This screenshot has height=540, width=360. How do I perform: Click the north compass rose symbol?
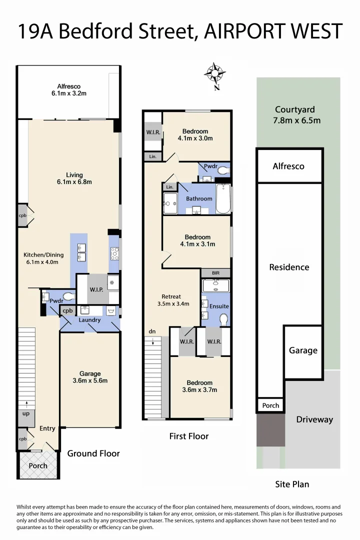tap(215, 74)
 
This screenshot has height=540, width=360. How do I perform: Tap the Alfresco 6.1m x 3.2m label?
tap(68, 90)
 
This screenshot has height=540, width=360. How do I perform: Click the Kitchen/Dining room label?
tap(41, 258)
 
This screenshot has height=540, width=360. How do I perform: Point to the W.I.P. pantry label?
tap(96, 289)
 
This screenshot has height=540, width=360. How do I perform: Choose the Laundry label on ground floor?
tap(90, 320)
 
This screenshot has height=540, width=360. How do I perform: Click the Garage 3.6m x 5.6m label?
tap(90, 377)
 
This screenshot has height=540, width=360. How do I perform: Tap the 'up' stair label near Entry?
tap(25, 414)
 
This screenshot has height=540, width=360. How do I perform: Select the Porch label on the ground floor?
tap(38, 465)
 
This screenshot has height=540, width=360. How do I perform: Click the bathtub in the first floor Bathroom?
tap(223, 198)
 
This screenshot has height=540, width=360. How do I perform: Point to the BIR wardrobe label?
tap(215, 273)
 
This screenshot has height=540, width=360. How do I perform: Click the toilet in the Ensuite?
tap(223, 319)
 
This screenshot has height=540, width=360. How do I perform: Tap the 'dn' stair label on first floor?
tap(152, 331)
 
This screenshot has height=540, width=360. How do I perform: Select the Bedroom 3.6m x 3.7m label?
tap(199, 386)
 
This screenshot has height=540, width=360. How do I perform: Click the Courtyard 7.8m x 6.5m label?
tap(297, 115)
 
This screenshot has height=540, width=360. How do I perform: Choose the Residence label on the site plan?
tap(289, 267)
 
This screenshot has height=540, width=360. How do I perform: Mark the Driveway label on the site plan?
tap(314, 419)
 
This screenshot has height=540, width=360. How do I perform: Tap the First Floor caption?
tap(188, 436)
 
